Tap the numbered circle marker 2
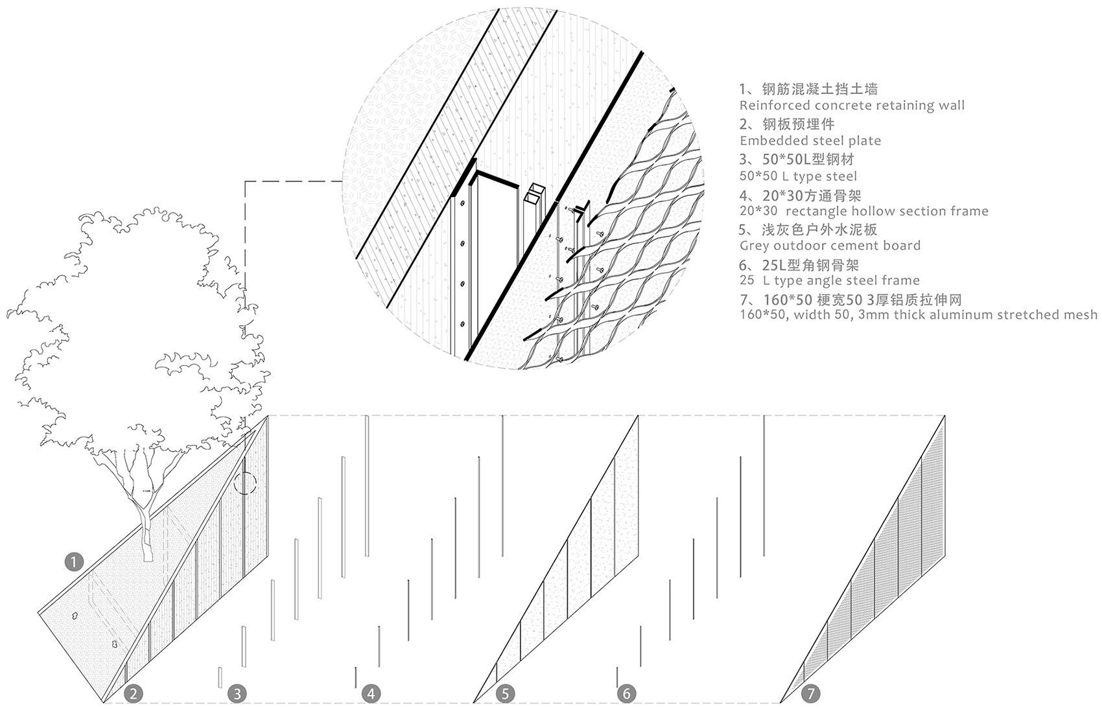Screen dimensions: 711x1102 click(134, 694)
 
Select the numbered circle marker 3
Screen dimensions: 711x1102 click(237, 694)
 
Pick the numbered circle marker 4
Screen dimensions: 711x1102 click(371, 694)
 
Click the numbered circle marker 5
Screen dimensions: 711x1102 click(506, 694)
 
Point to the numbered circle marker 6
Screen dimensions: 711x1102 click(626, 694)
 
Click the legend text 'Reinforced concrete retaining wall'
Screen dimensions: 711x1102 click(852, 106)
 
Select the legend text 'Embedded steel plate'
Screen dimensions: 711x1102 click(810, 141)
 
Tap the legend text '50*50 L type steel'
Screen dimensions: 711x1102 click(798, 176)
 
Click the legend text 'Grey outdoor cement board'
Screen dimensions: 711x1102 click(830, 246)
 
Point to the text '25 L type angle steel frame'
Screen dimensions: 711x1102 click(829, 281)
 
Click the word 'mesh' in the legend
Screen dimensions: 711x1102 click(1079, 315)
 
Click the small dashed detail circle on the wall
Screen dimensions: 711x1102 click(244, 483)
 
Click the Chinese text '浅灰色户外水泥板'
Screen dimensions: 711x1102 click(814, 229)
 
